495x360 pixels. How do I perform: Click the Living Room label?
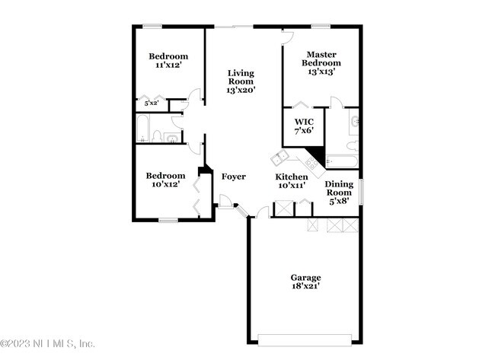241,81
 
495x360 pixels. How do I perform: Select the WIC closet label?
303,126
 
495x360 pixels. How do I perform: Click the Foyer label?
234,177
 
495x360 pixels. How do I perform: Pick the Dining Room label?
339,193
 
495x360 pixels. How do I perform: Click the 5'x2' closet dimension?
151,103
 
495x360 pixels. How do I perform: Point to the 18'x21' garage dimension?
305,287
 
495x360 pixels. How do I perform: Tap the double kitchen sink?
279,158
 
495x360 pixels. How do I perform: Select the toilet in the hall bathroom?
157,136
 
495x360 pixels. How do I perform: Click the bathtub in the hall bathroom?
142,129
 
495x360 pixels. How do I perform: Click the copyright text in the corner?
47,343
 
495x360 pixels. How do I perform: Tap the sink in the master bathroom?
354,122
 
